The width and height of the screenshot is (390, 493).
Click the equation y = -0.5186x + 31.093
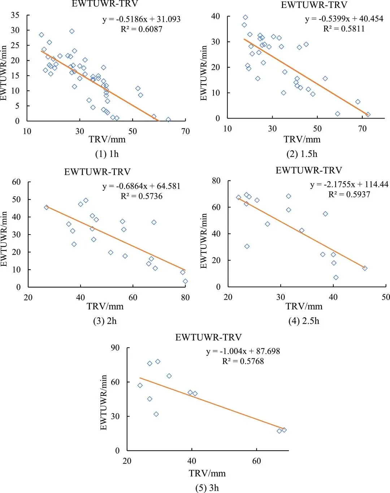point(141,19)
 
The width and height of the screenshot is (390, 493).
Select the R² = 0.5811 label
point(344,29)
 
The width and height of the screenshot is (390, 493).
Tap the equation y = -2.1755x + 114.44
point(349,185)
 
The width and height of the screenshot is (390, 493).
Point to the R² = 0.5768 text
point(243,361)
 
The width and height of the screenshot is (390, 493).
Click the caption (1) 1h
point(107,154)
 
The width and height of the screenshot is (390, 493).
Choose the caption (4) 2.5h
point(304,321)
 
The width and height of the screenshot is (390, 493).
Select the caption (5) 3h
point(207,488)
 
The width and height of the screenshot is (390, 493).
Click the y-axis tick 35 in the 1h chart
point(15,15)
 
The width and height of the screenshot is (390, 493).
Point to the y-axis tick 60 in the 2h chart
point(16,182)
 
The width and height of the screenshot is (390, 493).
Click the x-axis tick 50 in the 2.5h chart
point(386,297)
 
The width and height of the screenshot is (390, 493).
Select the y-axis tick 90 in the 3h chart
point(115,348)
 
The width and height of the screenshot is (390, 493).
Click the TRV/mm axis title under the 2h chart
point(105,306)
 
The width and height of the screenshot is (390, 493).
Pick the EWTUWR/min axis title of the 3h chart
point(104,402)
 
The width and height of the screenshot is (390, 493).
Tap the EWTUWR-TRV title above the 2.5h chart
point(309,171)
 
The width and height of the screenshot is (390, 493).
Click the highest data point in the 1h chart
point(72,31)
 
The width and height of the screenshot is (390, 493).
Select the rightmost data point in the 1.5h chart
point(368,115)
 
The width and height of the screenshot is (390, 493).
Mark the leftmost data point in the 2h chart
point(46,207)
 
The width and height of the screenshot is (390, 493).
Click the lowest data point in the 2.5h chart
point(336,278)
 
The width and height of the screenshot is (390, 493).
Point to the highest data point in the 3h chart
point(158,361)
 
